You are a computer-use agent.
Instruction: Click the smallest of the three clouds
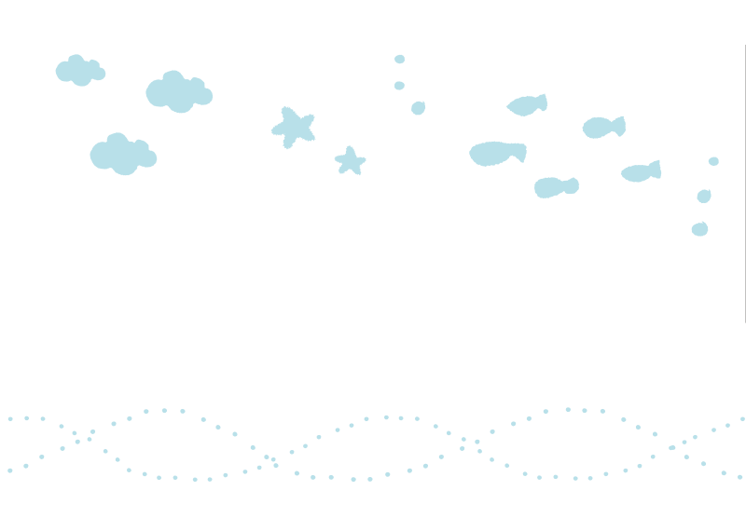tap(79, 71)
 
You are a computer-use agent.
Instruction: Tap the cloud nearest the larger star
tap(178, 92)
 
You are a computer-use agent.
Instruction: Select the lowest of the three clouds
tap(122, 155)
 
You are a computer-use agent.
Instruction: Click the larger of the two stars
tap(294, 128)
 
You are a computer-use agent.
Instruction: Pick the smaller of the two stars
tap(350, 161)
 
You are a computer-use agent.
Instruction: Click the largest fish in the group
tap(497, 153)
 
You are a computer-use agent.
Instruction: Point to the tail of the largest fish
tap(520, 150)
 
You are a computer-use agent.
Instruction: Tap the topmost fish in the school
tap(527, 105)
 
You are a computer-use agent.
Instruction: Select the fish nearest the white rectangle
tap(556, 187)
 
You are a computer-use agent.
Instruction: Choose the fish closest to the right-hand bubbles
tap(642, 171)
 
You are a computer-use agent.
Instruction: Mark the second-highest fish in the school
tap(603, 127)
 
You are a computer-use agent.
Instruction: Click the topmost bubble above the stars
tap(399, 59)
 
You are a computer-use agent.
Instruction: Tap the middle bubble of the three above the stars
tap(399, 86)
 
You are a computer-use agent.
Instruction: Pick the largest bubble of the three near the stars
tap(418, 108)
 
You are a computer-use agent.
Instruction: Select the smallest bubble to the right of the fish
tap(713, 161)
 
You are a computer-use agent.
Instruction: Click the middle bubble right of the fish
tap(704, 196)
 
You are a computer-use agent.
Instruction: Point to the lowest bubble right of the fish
tap(699, 228)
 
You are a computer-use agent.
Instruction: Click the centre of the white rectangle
tap(360, 290)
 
